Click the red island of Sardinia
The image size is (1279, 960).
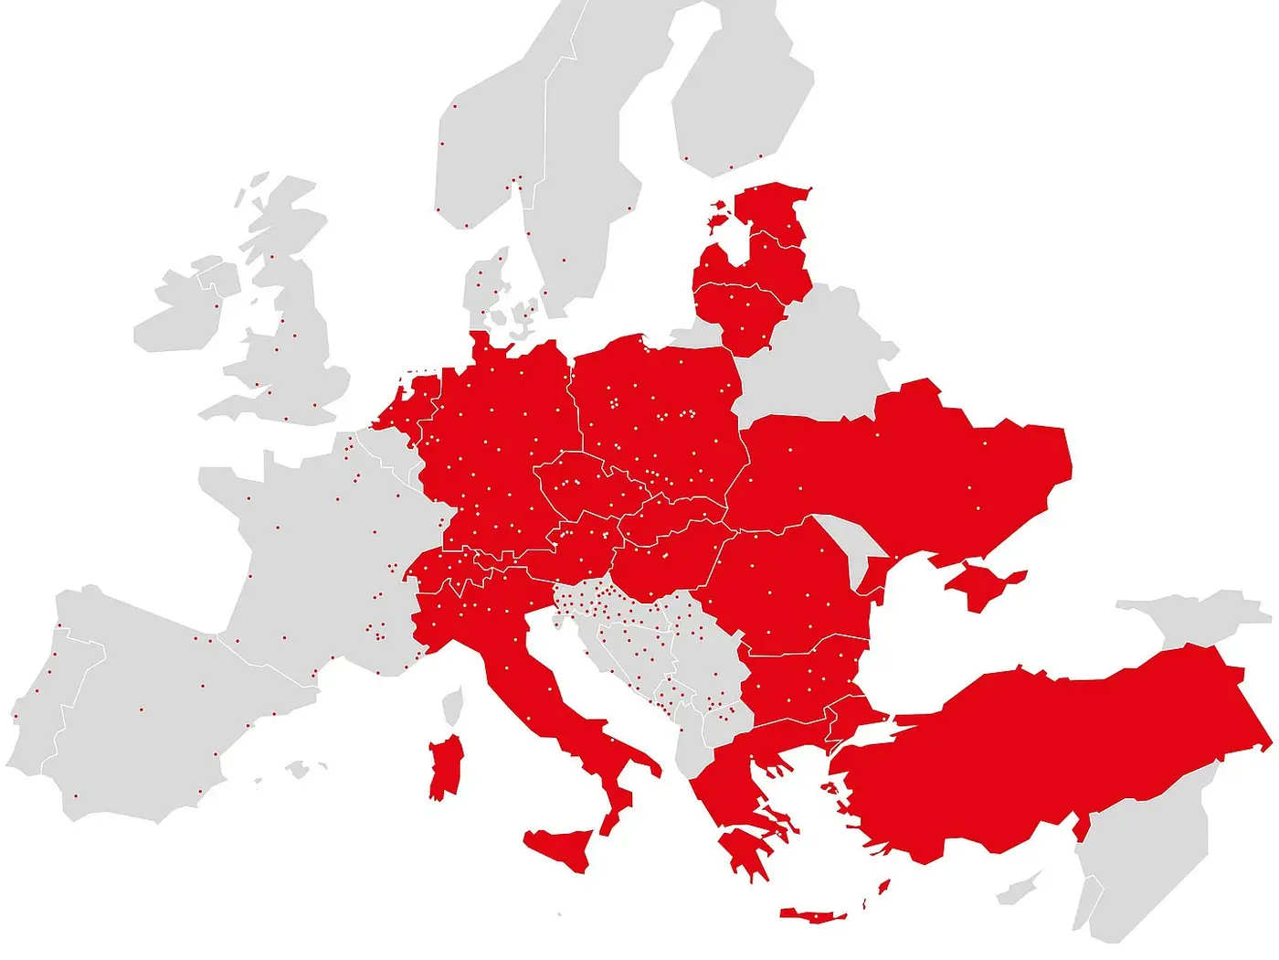coord(446,768)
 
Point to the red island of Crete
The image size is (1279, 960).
coord(813,915)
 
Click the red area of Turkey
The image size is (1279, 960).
coord(1051,759)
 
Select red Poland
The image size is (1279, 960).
coord(658,402)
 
